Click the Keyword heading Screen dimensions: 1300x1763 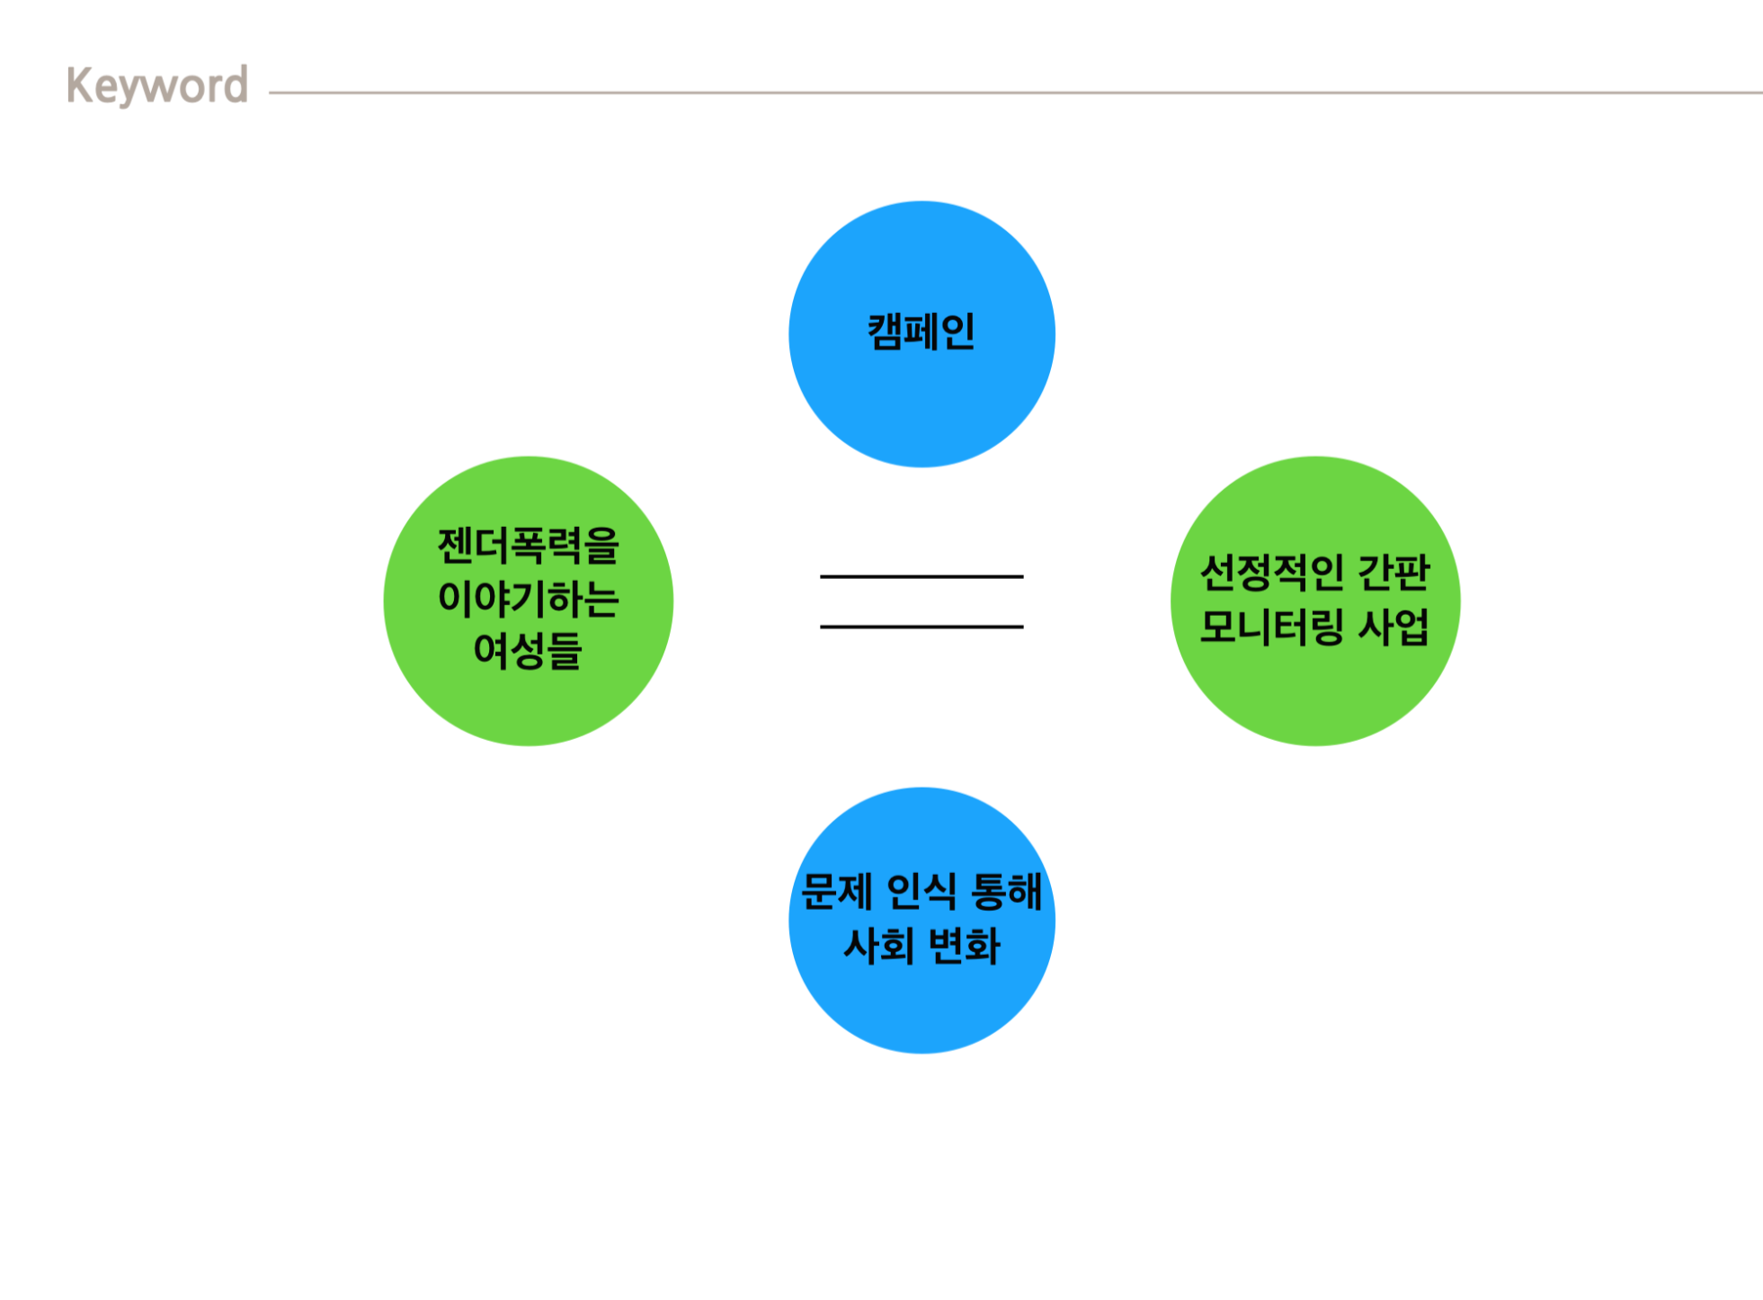pyautogui.click(x=157, y=86)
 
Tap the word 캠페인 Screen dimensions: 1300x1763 pyautogui.click(x=922, y=332)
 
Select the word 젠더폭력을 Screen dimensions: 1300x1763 pyautogui.click(x=529, y=546)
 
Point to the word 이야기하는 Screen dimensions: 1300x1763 pyautogui.click(x=529, y=599)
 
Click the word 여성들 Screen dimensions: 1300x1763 pyautogui.click(x=529, y=650)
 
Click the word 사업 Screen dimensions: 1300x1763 pyautogui.click(x=1393, y=627)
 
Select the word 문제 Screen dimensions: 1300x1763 pyautogui.click(x=836, y=892)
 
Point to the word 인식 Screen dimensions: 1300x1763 pyautogui.click(x=922, y=892)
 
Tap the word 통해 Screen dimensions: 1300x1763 pyautogui.click(x=1007, y=892)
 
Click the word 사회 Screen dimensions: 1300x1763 pyautogui.click(x=878, y=946)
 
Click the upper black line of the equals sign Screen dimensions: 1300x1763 pyautogui.click(x=922, y=576)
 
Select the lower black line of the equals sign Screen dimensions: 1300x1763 pyautogui.click(x=922, y=627)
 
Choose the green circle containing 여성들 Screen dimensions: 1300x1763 pyautogui.click(x=529, y=710)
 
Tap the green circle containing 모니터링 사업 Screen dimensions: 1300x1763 pyautogui.click(x=1315, y=701)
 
